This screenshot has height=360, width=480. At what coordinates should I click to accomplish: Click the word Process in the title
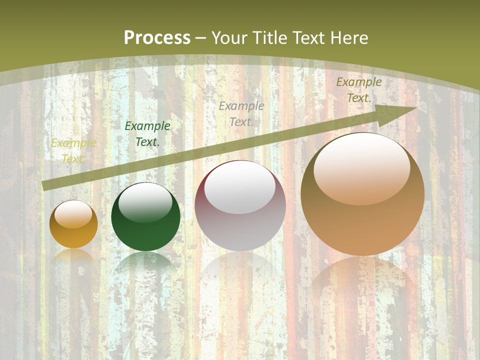click(x=157, y=38)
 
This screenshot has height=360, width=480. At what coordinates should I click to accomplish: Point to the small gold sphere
click(x=73, y=224)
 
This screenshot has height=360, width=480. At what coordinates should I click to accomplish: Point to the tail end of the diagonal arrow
click(x=45, y=185)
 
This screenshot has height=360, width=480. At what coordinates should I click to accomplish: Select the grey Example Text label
click(x=241, y=113)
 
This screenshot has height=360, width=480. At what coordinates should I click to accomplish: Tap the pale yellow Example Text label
click(x=73, y=151)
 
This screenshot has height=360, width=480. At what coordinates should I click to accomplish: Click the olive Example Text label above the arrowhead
click(x=358, y=90)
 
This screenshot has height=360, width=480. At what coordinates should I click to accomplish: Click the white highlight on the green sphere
click(x=145, y=202)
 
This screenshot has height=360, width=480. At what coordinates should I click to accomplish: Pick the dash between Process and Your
click(x=201, y=38)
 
